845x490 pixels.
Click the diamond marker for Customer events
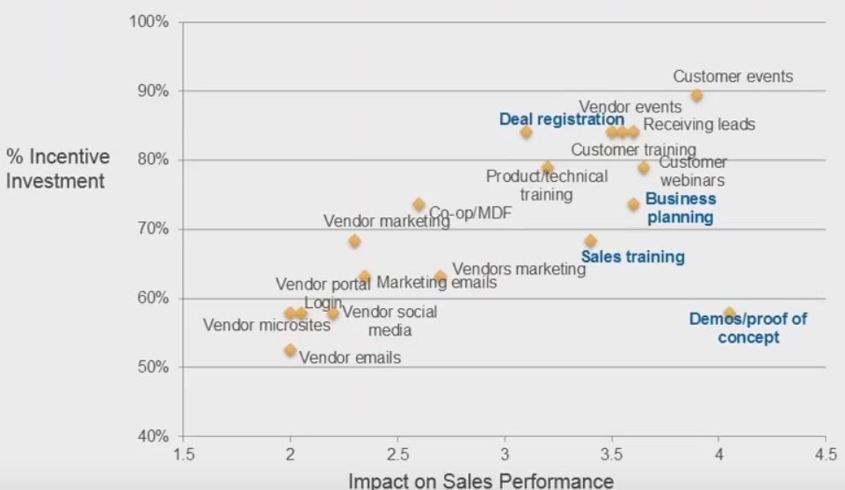(x=696, y=96)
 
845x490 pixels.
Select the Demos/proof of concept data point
(x=729, y=313)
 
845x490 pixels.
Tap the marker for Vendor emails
(x=290, y=350)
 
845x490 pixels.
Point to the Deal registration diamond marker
(x=526, y=133)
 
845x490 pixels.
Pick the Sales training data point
(x=590, y=241)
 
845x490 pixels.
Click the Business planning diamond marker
(x=633, y=205)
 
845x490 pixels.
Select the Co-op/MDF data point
(x=419, y=205)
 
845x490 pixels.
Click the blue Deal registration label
(x=561, y=119)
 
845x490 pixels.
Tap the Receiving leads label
(x=698, y=125)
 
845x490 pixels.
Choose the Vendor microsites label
(x=266, y=326)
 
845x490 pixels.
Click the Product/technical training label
(x=546, y=184)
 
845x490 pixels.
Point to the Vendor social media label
(x=389, y=321)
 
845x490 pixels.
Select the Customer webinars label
(x=693, y=171)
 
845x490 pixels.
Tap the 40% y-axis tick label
(x=153, y=436)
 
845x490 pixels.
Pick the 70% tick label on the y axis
(x=153, y=229)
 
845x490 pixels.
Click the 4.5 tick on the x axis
(x=825, y=456)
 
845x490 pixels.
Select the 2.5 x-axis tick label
(x=397, y=456)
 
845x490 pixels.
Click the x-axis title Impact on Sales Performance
(x=481, y=480)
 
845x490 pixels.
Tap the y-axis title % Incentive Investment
(x=58, y=169)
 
